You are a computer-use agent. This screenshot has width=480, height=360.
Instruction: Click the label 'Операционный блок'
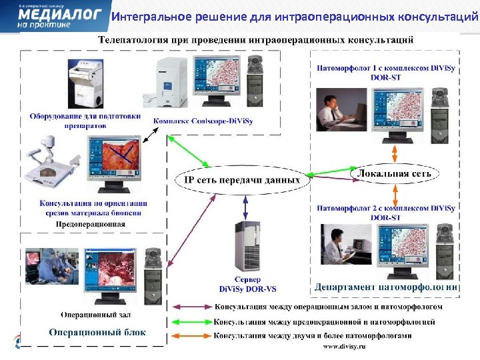click(x=97, y=333)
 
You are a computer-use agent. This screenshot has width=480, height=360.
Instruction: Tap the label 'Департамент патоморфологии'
click(x=386, y=287)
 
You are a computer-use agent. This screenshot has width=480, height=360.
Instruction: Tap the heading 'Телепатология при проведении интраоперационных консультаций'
click(x=256, y=40)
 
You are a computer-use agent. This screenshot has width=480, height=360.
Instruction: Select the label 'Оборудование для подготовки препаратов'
click(x=85, y=120)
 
